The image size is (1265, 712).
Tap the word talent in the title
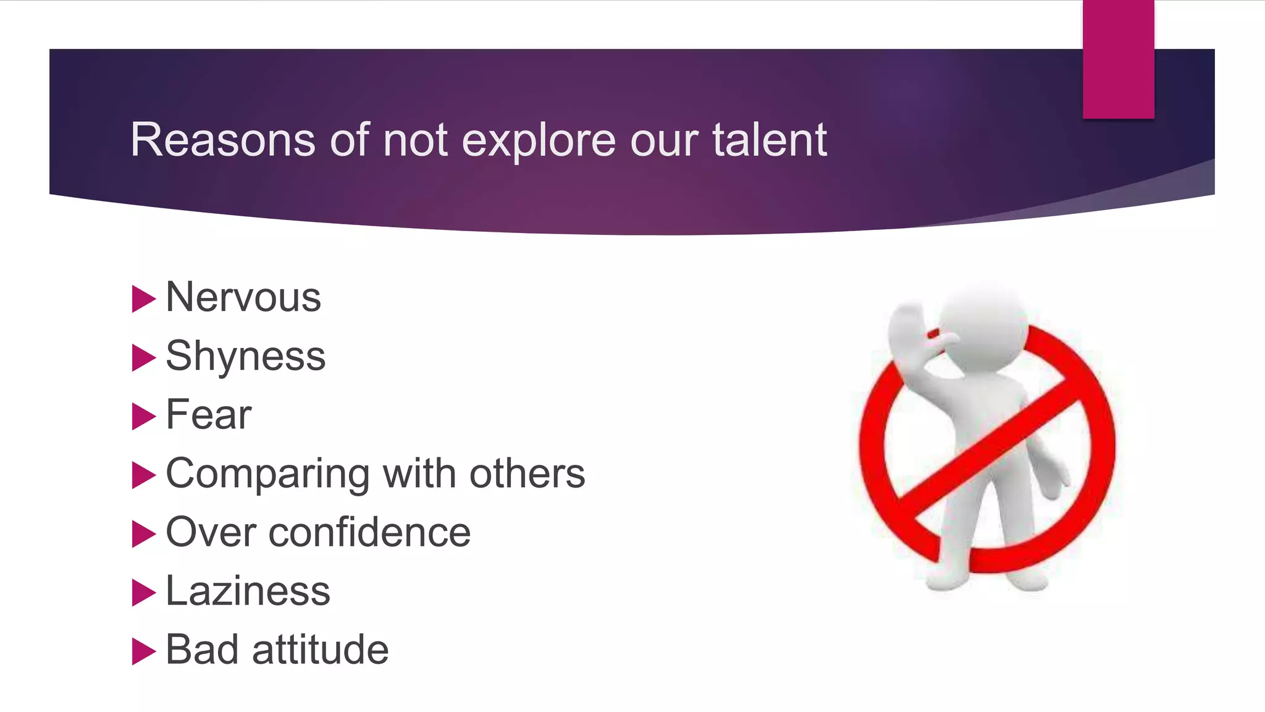(x=769, y=140)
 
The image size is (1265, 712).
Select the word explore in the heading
(x=539, y=141)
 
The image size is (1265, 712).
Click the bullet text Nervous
(x=243, y=297)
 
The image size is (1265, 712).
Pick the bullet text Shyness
(x=245, y=357)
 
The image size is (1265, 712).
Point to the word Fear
(x=209, y=415)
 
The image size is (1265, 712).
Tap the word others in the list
(x=527, y=473)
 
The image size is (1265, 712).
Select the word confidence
(x=369, y=532)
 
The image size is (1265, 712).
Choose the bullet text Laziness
(x=248, y=591)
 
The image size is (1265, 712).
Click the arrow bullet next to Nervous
(x=143, y=299)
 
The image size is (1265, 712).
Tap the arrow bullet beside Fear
(x=143, y=417)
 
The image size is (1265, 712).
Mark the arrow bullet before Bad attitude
(x=143, y=651)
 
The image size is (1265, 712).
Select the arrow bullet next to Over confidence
(x=143, y=534)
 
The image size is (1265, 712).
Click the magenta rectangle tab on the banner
(x=1118, y=59)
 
